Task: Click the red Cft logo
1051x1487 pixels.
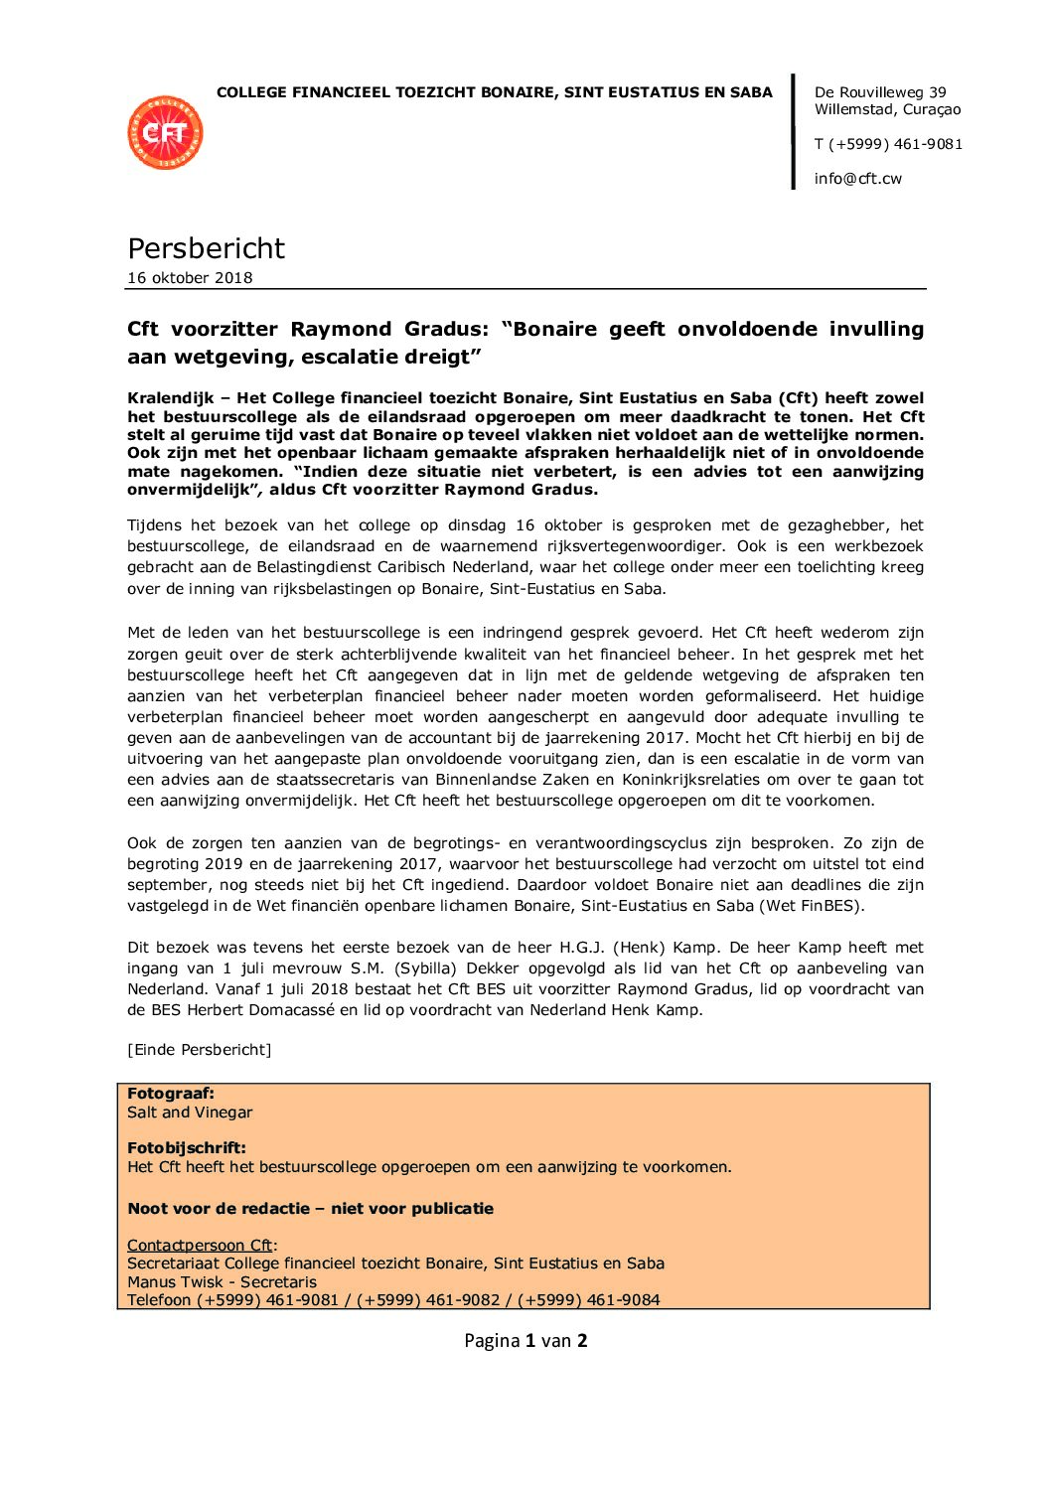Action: (x=165, y=132)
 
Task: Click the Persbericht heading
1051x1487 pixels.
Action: (x=206, y=248)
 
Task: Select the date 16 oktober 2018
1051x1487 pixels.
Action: (x=190, y=278)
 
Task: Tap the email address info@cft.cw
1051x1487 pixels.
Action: (x=857, y=179)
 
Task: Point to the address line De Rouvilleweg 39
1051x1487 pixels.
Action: (x=880, y=92)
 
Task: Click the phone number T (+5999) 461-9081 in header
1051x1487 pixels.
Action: (x=888, y=144)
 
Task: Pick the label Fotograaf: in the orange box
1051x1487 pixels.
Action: (x=171, y=1094)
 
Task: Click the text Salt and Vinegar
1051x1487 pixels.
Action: (x=190, y=1113)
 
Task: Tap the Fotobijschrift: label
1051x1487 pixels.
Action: (x=187, y=1148)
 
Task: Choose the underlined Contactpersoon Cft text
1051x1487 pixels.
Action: (x=200, y=1246)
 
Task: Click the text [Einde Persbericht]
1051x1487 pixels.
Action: (x=199, y=1050)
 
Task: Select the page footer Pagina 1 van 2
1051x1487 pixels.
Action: (x=525, y=1341)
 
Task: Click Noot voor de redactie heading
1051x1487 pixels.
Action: (x=310, y=1209)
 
